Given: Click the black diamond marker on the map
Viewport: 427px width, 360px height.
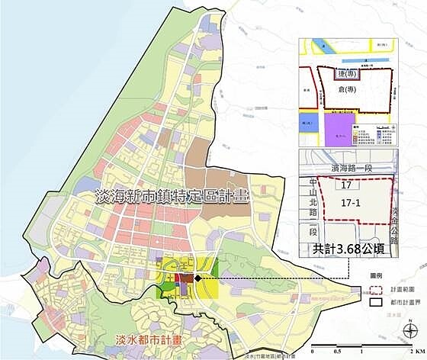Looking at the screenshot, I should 197,278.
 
